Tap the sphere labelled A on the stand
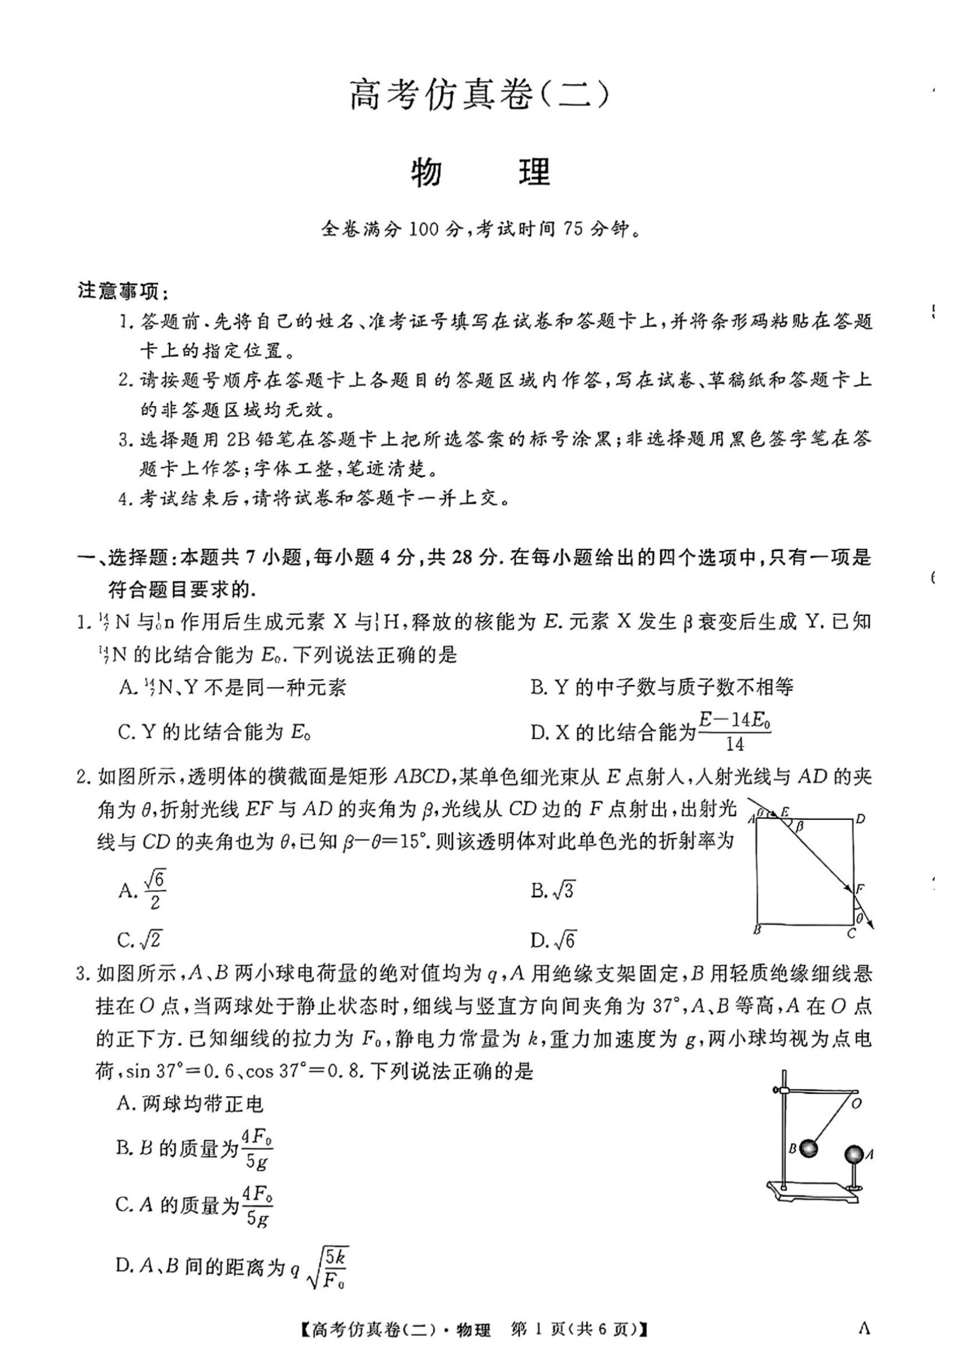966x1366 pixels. click(854, 1154)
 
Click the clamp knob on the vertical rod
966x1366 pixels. click(776, 1090)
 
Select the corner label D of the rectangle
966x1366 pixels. click(860, 819)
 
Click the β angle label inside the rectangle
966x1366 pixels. click(800, 826)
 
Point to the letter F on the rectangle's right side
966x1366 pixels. click(860, 890)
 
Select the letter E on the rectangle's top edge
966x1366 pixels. click(785, 812)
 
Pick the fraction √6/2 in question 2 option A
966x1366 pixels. click(155, 890)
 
